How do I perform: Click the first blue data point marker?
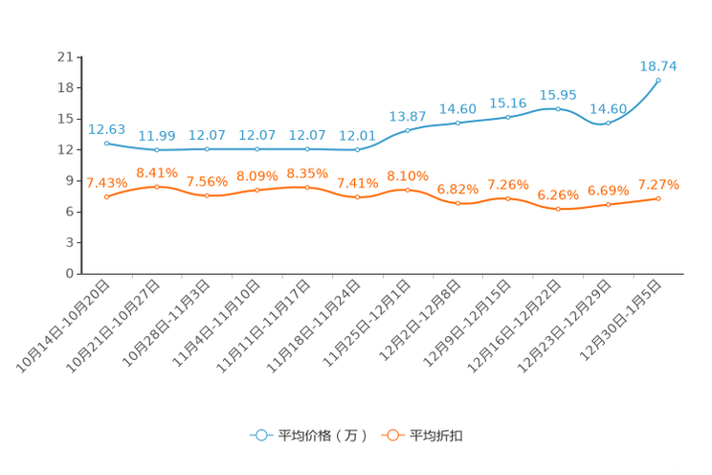106,143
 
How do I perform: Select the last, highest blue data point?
658,79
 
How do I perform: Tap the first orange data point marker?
106,197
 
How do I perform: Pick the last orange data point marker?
658,198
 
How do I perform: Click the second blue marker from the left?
157,150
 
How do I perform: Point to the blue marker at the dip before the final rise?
608,123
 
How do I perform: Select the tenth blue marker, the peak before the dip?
558,107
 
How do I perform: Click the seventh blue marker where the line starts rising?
408,130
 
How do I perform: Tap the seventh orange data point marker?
408,190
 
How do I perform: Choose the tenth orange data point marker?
558,208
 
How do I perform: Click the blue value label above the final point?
658,66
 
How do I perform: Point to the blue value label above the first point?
106,129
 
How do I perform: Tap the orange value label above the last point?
658,184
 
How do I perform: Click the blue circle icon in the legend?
260,436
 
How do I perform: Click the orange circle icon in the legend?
391,436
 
